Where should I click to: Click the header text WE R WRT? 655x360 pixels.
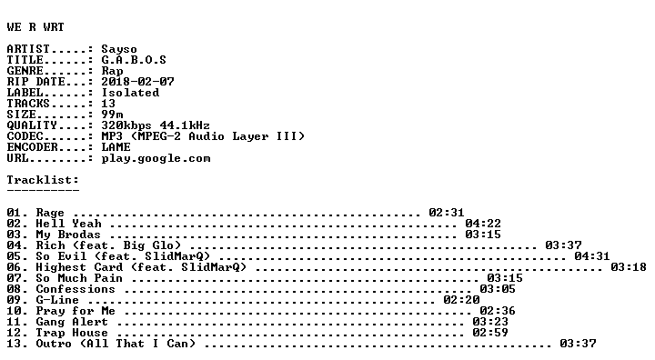tap(35, 27)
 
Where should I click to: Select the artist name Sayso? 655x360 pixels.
tap(119, 50)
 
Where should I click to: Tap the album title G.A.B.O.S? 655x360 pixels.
tap(134, 60)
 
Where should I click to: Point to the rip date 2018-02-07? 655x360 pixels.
tap(137, 82)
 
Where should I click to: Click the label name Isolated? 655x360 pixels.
tap(130, 93)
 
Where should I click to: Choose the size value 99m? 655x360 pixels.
tap(112, 115)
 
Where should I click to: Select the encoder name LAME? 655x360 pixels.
tap(116, 147)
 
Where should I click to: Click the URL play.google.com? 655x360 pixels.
tap(156, 159)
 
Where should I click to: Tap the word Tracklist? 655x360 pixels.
tap(39, 180)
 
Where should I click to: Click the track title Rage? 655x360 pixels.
tap(50, 214)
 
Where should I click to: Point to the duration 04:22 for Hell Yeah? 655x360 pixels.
tap(483, 224)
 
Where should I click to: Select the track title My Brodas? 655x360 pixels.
tap(68, 235)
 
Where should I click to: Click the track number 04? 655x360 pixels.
tap(13, 245)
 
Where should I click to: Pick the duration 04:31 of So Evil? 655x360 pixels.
tap(592, 256)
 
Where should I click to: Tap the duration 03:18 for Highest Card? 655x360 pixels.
tap(629, 267)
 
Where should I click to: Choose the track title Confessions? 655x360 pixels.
tap(76, 289)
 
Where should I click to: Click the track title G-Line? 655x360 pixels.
tap(57, 300)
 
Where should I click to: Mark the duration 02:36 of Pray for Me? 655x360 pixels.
tap(498, 311)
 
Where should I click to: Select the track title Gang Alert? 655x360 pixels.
tap(72, 322)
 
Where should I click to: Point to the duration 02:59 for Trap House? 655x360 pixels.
tap(490, 333)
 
